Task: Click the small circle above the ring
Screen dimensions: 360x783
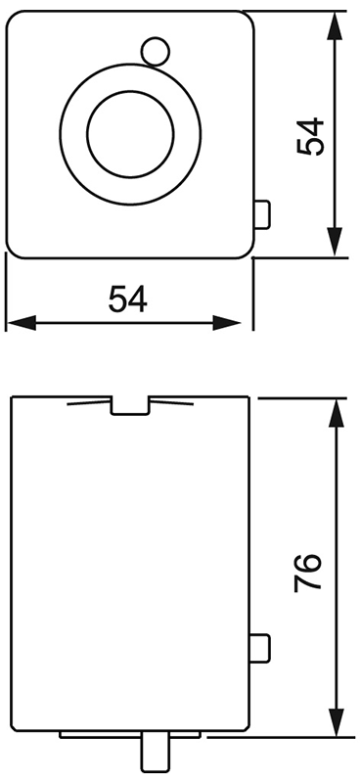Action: pos(154,49)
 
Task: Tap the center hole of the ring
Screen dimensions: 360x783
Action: pos(131,133)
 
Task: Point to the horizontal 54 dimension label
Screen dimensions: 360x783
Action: pos(127,298)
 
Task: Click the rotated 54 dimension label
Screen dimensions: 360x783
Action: pos(310,137)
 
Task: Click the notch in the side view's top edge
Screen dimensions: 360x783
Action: pos(129,404)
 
